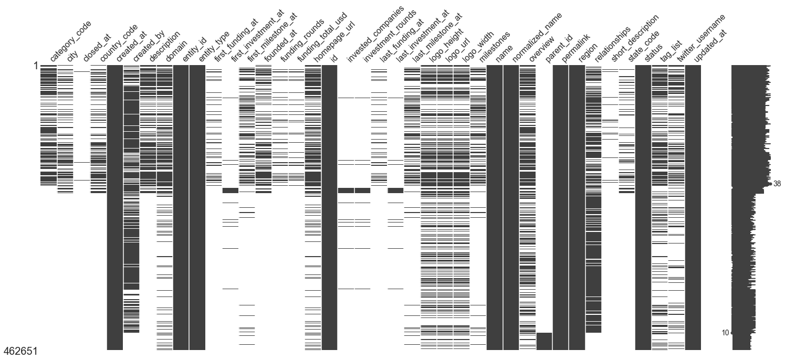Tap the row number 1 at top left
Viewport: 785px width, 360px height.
point(35,67)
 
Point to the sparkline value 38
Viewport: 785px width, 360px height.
point(778,184)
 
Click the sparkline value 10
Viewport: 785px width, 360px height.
point(725,333)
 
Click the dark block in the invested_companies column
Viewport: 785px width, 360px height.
point(346,190)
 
